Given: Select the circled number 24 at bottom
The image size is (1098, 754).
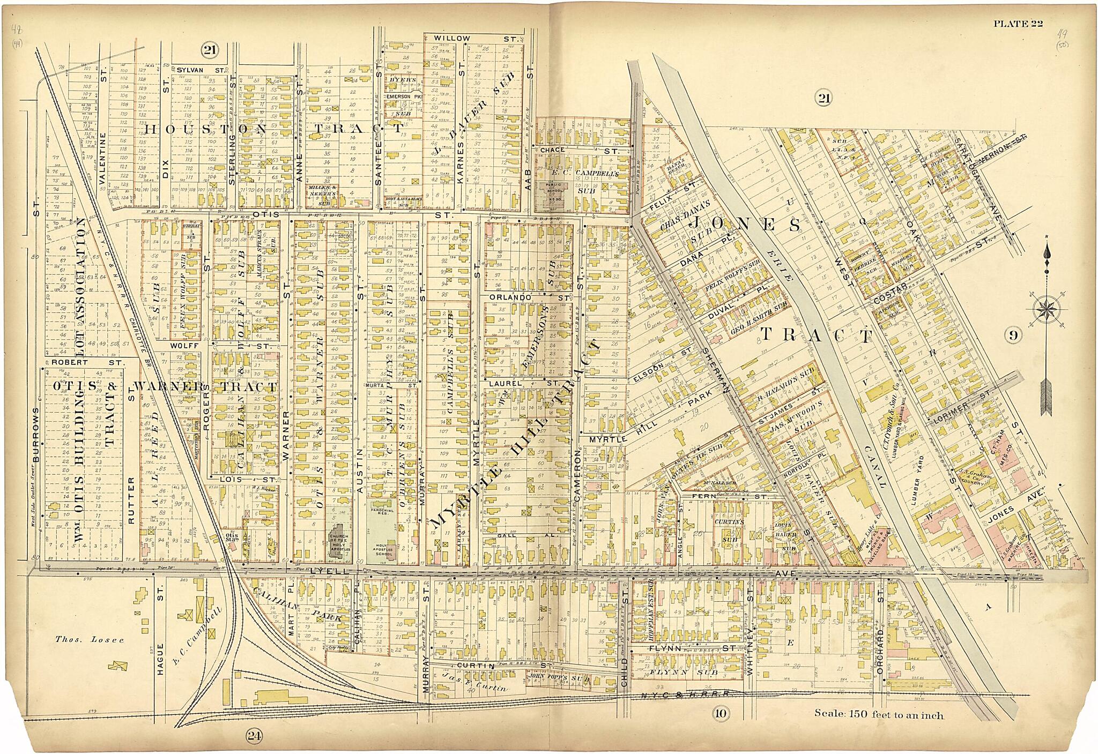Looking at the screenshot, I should [x=254, y=736].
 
